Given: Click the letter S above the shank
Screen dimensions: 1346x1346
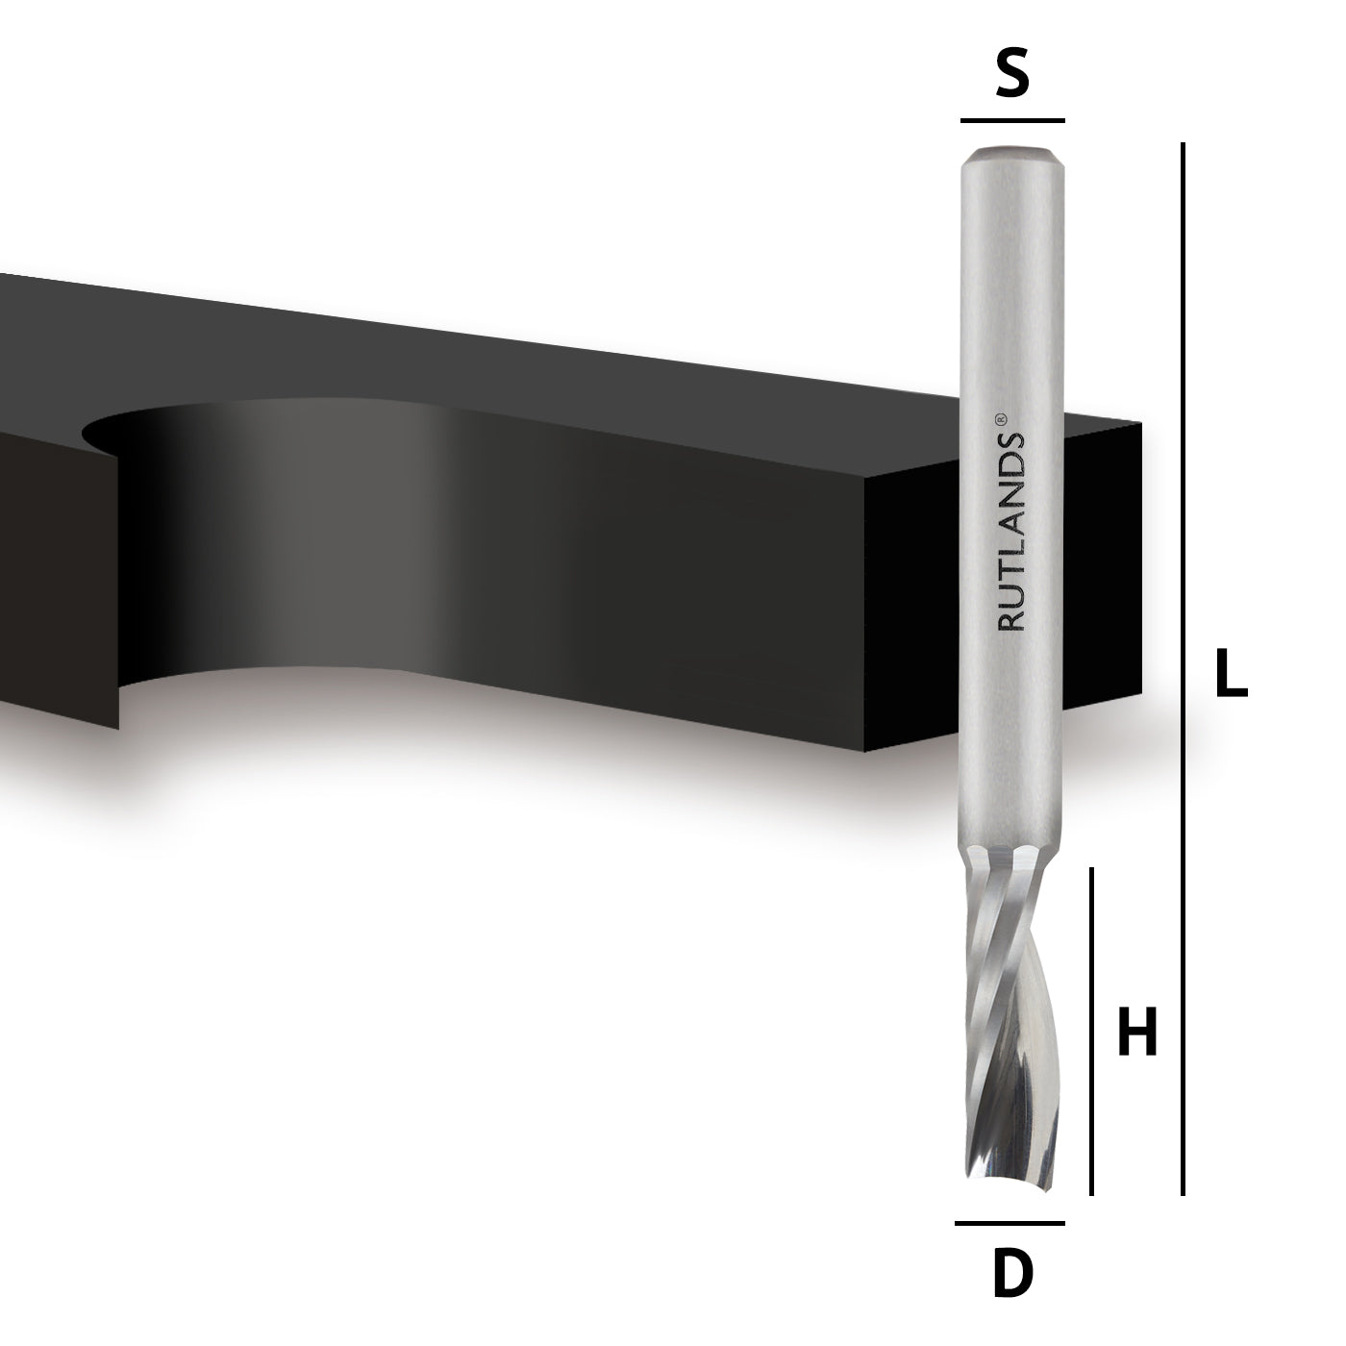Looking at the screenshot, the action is [x=1012, y=71].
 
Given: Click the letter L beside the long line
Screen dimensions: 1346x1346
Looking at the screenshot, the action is [x=1231, y=673].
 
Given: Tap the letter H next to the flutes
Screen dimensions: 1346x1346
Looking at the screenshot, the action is [x=1137, y=1031].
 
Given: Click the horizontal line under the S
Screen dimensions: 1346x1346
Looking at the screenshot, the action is [x=1012, y=121].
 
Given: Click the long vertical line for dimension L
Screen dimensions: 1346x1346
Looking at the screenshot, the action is [x=1183, y=668].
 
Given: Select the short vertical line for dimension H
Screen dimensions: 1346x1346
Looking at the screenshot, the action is [x=1092, y=1031].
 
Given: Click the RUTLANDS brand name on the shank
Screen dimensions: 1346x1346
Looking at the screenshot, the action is [x=1010, y=532].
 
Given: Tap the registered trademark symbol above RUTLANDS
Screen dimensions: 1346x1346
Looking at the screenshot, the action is [x=1000, y=418].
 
